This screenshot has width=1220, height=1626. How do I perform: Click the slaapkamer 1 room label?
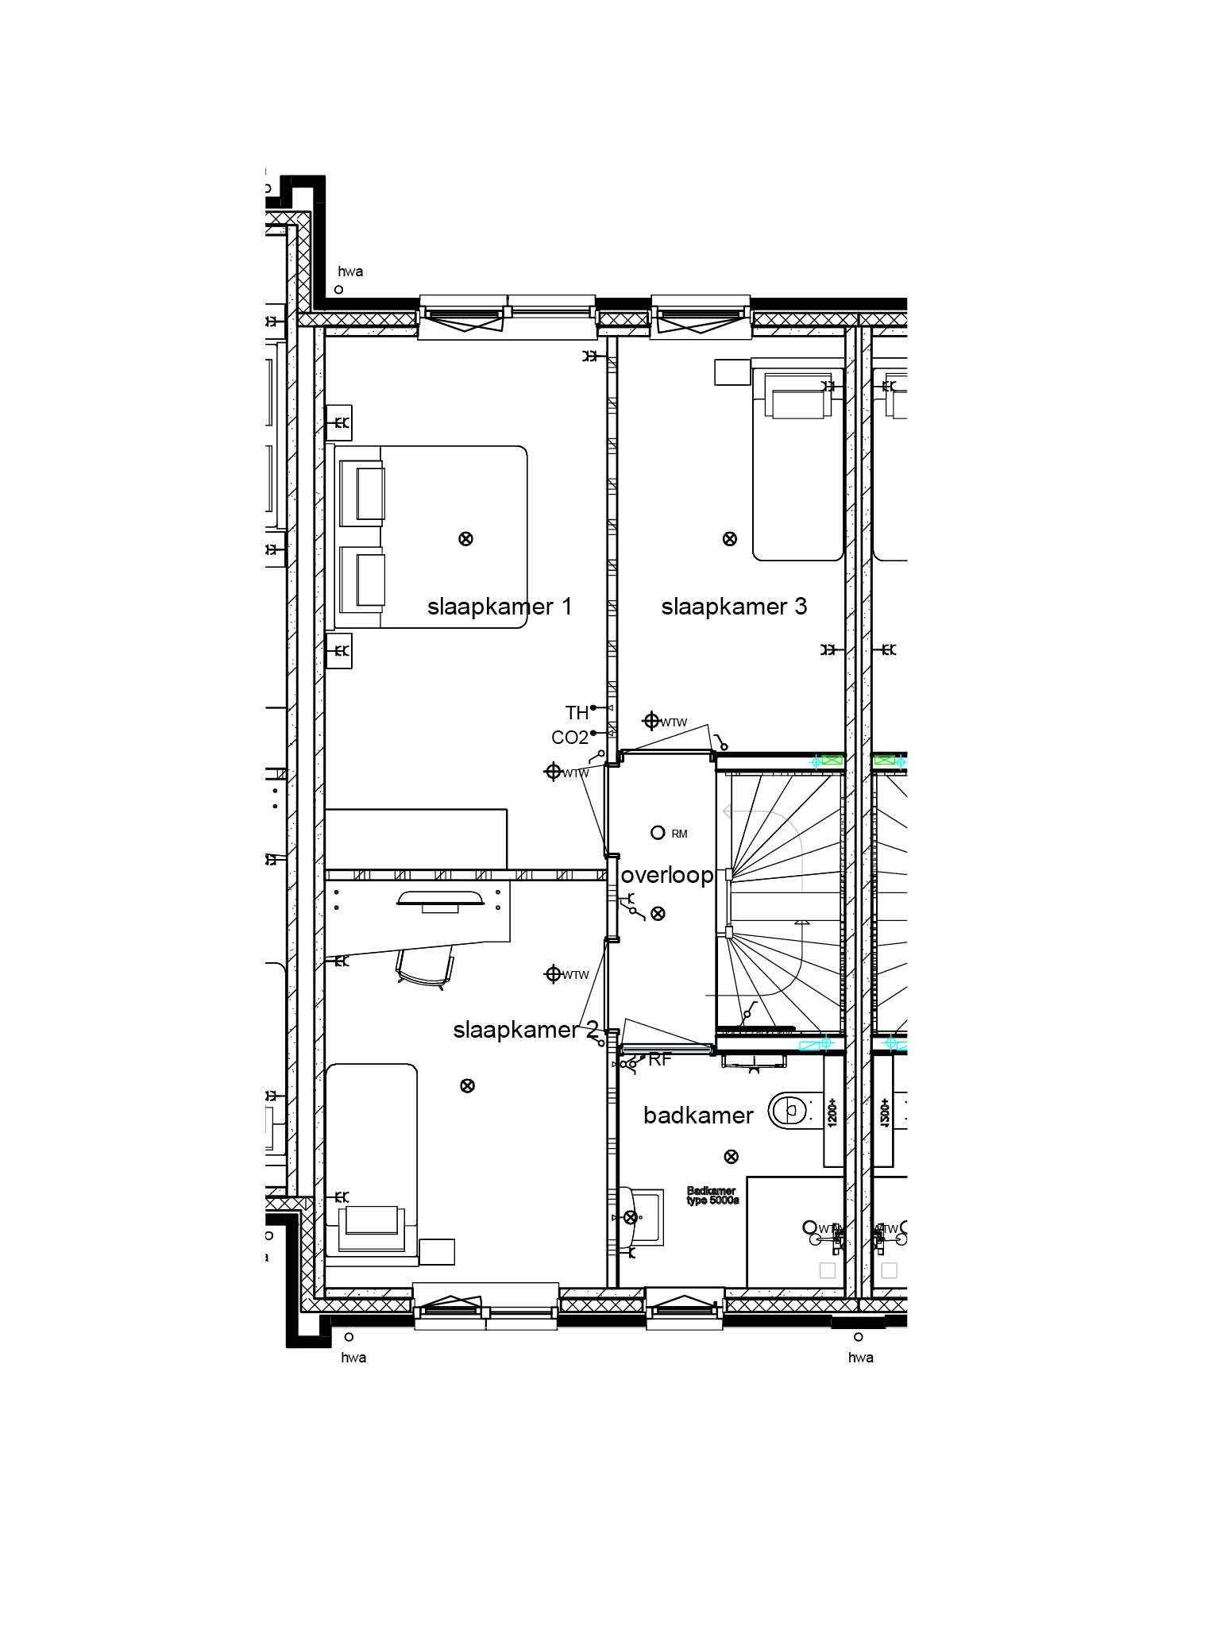click(499, 607)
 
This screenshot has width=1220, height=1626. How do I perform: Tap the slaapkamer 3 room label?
click(734, 607)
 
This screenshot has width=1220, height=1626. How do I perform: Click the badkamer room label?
click(698, 1115)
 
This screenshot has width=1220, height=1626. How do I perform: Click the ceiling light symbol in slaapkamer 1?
click(466, 539)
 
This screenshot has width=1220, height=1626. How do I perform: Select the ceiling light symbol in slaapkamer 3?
click(729, 539)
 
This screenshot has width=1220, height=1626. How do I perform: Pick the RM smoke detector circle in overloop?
click(657, 833)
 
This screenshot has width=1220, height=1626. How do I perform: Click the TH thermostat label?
click(577, 712)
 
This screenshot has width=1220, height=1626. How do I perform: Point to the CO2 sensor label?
click(569, 738)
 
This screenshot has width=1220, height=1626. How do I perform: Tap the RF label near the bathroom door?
click(660, 1059)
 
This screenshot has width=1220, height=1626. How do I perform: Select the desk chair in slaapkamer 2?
click(425, 969)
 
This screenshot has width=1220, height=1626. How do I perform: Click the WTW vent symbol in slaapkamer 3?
click(651, 721)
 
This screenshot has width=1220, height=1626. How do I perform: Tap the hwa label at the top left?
click(350, 272)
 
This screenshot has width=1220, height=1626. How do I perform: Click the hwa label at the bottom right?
click(860, 1358)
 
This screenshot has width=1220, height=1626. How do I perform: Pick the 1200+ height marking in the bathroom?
click(832, 1112)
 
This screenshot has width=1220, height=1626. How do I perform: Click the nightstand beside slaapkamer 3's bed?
click(732, 372)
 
